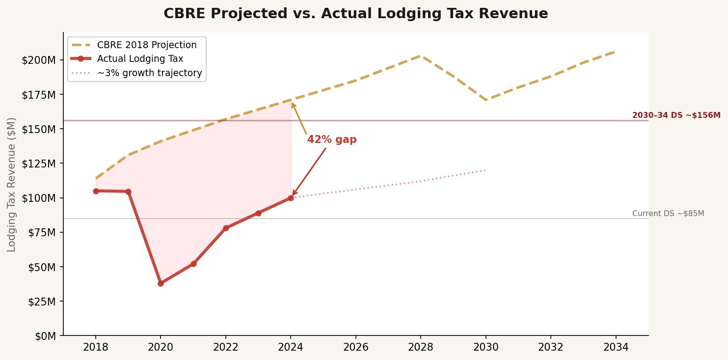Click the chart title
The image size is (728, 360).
point(355,14)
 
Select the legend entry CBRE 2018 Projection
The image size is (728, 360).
point(147,45)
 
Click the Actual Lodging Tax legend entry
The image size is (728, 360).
point(140,59)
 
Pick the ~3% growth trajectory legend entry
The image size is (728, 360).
point(149,73)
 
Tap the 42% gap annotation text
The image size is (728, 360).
point(332,139)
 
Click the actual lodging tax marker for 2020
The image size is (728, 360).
point(161,283)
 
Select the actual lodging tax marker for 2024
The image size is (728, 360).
point(291,198)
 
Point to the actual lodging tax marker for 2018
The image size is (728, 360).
point(96,191)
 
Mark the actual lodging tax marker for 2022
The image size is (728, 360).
point(226,228)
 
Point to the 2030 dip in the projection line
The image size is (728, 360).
point(486,100)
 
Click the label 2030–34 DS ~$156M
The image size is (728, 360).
point(676,115)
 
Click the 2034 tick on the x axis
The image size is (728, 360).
point(616,348)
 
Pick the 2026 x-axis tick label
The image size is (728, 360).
point(355,348)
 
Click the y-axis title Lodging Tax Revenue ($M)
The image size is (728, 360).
point(12,184)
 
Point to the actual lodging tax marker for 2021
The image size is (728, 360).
point(193,264)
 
